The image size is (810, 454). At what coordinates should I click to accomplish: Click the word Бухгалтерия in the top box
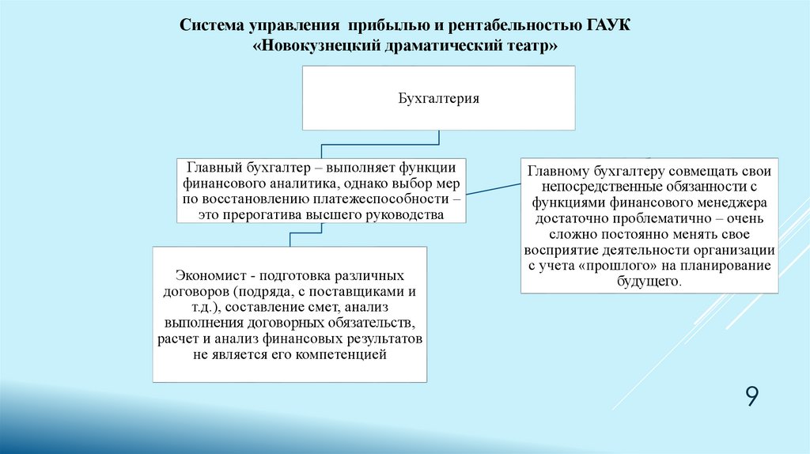[x=438, y=99]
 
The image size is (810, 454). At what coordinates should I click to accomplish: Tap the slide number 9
[x=751, y=396]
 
